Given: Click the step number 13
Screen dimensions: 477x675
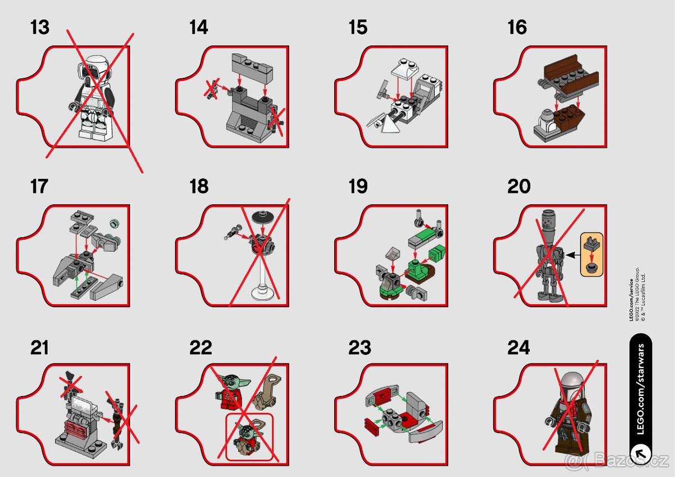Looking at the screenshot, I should click(x=40, y=28).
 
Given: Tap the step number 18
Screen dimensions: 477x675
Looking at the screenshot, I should click(x=199, y=187).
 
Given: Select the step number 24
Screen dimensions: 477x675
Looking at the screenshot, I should click(x=518, y=348).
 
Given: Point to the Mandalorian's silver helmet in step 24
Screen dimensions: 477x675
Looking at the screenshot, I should click(x=564, y=383).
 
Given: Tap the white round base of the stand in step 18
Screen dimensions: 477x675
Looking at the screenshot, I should click(x=263, y=292).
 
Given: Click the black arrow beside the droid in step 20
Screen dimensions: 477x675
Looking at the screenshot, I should click(x=571, y=255).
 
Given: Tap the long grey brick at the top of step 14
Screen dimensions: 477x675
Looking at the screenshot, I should click(x=252, y=65).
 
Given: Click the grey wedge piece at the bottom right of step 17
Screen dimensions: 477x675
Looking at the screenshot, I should click(x=109, y=289).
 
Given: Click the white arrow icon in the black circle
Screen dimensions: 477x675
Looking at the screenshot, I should click(x=640, y=453).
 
